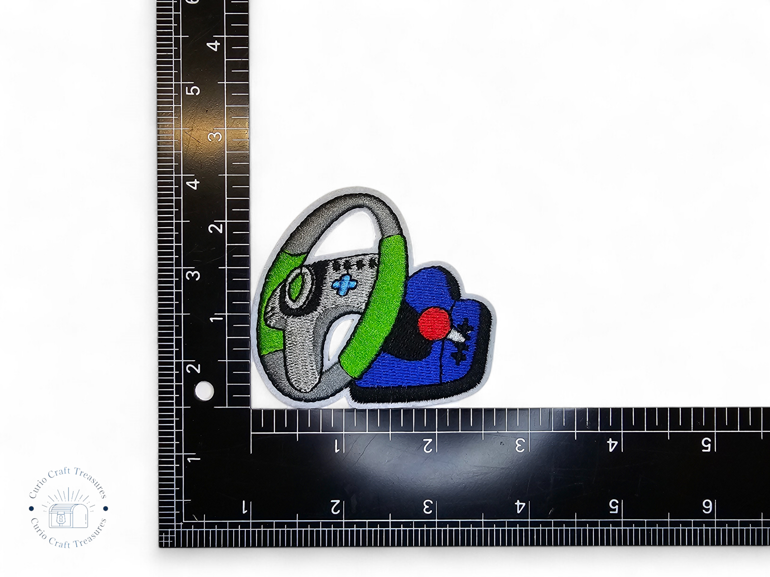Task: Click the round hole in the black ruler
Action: [204, 391]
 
